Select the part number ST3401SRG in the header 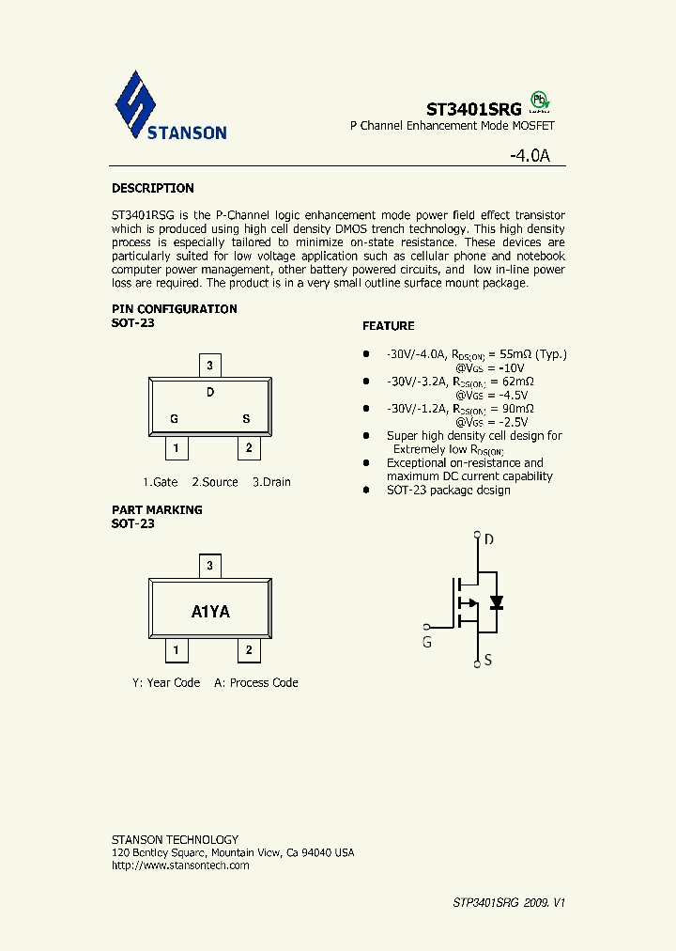pos(474,108)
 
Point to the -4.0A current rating pos(537,156)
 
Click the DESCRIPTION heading pos(153,188)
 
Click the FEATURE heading pos(389,326)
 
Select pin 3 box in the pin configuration pos(210,366)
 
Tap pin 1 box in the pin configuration pos(177,448)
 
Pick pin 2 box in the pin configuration pos(248,448)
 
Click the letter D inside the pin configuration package pos(210,392)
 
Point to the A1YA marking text pos(210,612)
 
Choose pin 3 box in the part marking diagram pos(210,566)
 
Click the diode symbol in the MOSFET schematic pos(497,602)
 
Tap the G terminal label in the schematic pos(427,643)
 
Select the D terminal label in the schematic pos(488,539)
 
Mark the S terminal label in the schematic pos(488,661)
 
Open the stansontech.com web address pos(180,865)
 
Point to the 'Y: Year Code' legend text pos(166,683)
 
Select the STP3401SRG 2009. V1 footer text pos(509,903)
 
